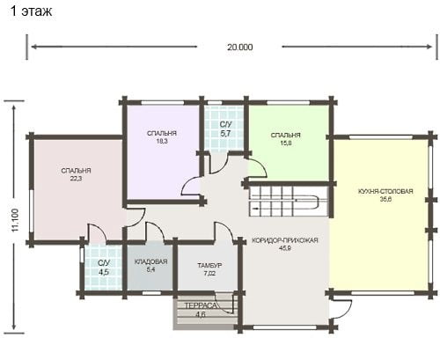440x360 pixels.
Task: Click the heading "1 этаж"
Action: [x=32, y=11]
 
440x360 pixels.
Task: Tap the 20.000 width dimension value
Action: [x=239, y=48]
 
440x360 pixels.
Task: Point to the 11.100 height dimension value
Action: [x=15, y=220]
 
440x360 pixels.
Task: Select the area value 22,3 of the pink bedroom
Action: [x=76, y=179]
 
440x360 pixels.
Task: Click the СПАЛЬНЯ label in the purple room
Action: [x=162, y=134]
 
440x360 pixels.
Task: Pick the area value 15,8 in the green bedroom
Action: [x=285, y=143]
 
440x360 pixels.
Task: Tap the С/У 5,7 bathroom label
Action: [x=225, y=129]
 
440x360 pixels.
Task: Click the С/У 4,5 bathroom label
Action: [x=104, y=268]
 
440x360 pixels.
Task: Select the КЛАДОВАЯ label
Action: [x=150, y=261]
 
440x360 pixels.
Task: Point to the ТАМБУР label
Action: [x=209, y=266]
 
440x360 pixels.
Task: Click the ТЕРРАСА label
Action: [x=201, y=305]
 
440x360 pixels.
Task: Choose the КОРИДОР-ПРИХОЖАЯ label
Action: [x=285, y=240]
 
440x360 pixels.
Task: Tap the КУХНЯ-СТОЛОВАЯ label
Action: [x=385, y=191]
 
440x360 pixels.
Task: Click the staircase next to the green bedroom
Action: [x=288, y=202]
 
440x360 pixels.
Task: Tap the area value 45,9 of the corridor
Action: [x=284, y=248]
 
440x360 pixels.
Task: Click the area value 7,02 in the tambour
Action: [x=209, y=274]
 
